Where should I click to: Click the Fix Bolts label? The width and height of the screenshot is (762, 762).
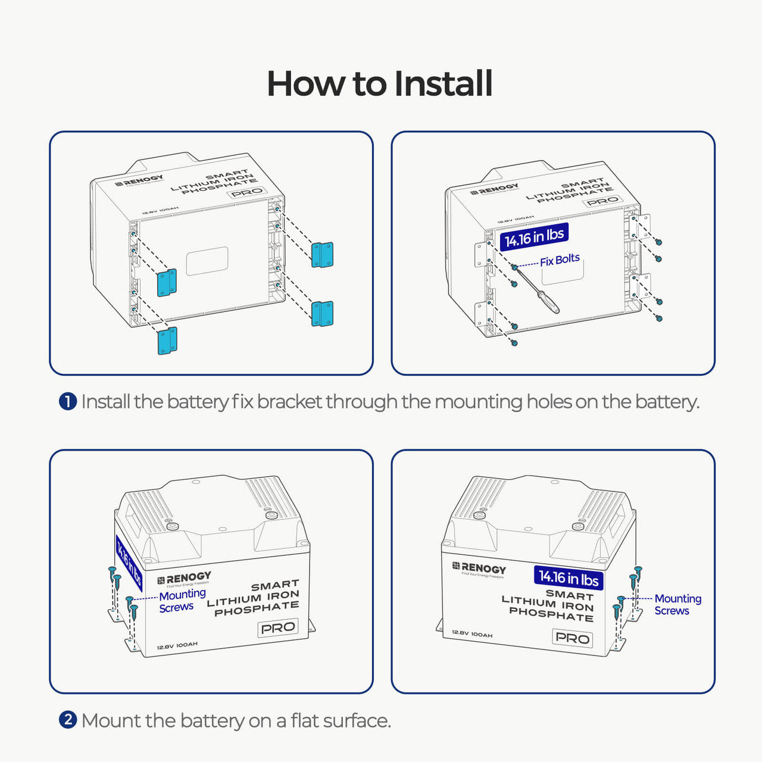click(560, 260)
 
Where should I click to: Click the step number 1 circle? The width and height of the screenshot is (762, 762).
click(68, 402)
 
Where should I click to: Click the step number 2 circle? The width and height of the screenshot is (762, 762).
click(68, 720)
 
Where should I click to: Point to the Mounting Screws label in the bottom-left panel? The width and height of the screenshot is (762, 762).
click(182, 601)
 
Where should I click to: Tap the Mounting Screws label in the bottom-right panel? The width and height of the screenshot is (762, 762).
click(677, 604)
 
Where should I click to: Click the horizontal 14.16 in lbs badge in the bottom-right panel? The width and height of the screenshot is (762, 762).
click(569, 577)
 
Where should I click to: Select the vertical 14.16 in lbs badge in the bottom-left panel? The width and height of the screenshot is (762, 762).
click(129, 563)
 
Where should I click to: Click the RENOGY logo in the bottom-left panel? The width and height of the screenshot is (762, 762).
click(184, 578)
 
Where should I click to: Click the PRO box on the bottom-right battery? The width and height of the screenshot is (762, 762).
click(572, 638)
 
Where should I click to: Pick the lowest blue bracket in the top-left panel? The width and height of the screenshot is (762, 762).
click(167, 341)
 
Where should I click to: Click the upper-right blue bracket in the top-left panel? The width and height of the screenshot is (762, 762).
click(322, 255)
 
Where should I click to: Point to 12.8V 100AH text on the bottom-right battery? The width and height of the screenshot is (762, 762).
click(472, 634)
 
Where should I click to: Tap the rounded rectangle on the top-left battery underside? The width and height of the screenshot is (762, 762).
click(207, 261)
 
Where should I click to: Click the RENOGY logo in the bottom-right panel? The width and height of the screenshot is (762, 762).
click(479, 569)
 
